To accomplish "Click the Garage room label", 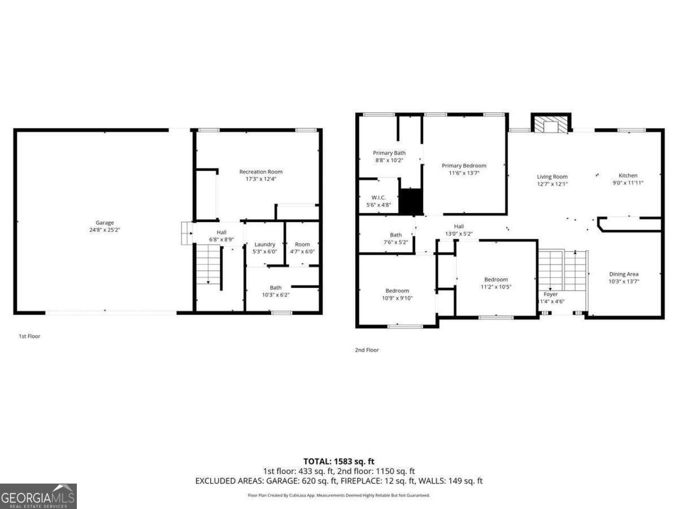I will [105, 223].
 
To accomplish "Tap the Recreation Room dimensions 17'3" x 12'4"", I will [261, 179].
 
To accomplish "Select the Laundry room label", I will [264, 244].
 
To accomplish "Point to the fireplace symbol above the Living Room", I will [550, 124].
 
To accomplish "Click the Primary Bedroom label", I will [464, 166].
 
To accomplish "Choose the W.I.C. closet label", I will [379, 198].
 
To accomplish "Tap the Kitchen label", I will [628, 176].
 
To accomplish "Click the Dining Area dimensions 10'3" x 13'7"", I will [624, 281].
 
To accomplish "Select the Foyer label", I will [550, 294].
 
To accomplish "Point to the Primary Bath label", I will [389, 153].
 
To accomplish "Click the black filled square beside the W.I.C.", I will [411, 201].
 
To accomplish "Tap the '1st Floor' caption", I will [29, 336].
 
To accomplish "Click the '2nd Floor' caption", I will [367, 350].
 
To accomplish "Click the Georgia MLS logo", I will [38, 496].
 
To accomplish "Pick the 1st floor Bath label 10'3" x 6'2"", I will [276, 288].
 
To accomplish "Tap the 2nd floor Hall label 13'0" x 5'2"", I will [458, 226].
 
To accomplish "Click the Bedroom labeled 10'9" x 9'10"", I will [397, 291].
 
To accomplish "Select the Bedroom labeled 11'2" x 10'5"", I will [496, 279].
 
